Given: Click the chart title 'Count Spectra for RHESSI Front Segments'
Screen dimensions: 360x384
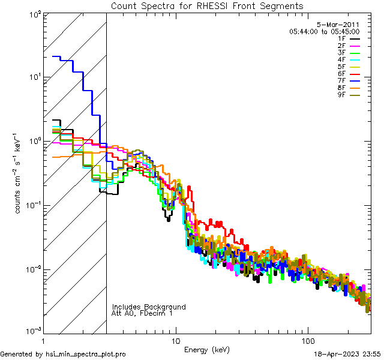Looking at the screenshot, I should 207,5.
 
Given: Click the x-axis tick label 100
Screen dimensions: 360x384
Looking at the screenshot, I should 307,341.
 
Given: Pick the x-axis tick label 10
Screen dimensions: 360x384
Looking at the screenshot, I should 175,341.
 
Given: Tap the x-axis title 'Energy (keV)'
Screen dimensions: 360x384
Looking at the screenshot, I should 207,350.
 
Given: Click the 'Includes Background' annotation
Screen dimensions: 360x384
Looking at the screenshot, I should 149,307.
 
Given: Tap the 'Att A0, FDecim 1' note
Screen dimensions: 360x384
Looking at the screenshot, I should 142,313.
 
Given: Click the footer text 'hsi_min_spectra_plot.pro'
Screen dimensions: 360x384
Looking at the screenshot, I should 86,354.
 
